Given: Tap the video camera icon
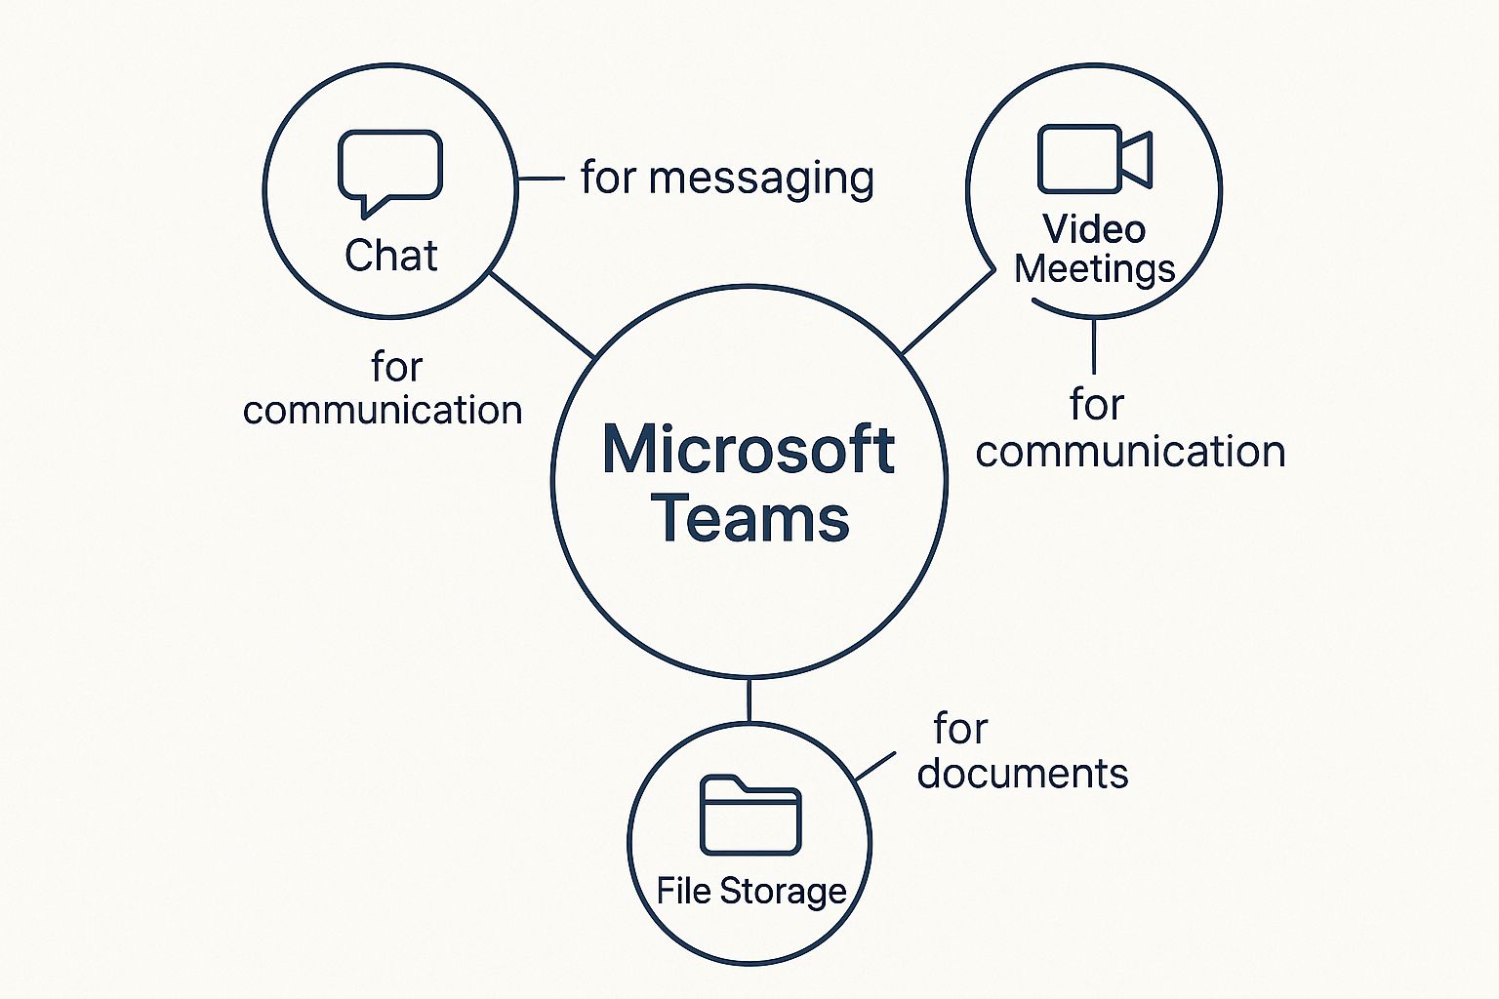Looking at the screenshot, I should pos(1094,159).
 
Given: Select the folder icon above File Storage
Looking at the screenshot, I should pos(750,816).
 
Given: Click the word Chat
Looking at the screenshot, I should pos(390,256).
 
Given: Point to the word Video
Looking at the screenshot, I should pos(1094,229).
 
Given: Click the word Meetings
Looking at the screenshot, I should pos(1094,269).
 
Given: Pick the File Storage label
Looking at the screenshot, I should pos(750,891).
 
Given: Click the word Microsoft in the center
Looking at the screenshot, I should pos(749,450).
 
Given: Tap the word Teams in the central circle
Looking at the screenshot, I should pos(749,518).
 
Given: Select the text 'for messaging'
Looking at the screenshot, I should pos(727,179).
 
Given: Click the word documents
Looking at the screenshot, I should pos(1022,774).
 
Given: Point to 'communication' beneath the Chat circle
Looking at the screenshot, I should pos(383,411).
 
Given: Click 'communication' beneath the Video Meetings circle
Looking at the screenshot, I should pos(1130,452).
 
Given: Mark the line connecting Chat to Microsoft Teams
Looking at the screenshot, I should pos(542,314).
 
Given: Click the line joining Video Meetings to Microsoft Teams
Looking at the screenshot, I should pos(947,312).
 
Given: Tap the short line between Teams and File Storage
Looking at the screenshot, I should pos(749,700).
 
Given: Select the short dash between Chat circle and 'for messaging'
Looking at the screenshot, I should pos(541,179).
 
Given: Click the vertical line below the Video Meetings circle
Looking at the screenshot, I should pos(1094,346).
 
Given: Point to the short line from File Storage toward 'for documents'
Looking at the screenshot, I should pos(875,767).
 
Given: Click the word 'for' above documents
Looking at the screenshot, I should pos(960,729).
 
